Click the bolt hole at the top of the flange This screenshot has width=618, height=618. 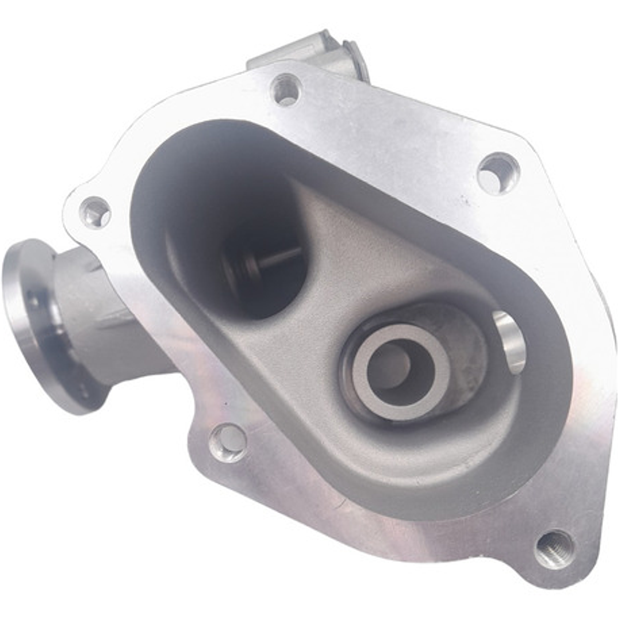(x=286, y=89)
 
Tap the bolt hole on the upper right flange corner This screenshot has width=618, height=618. (x=498, y=172)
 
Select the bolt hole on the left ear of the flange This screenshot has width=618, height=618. (x=96, y=212)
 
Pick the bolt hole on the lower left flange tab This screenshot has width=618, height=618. (x=228, y=442)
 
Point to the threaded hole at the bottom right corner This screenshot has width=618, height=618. (x=554, y=549)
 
